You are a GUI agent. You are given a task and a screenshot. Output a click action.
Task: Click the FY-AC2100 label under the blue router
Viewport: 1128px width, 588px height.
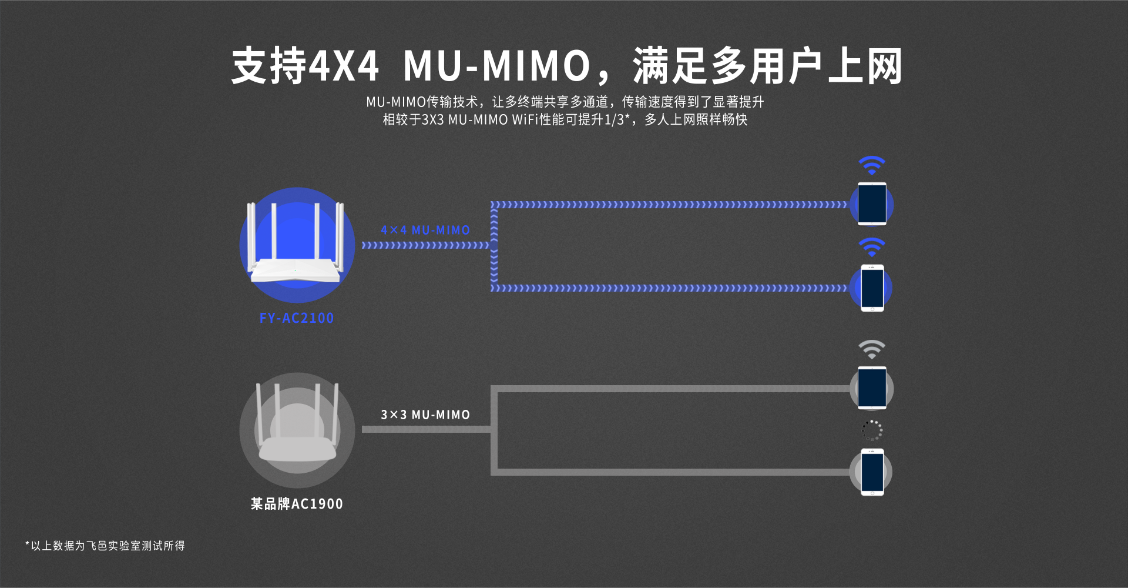pos(297,318)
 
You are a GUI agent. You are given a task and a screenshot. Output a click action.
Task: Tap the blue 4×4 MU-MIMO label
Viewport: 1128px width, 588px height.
pos(425,230)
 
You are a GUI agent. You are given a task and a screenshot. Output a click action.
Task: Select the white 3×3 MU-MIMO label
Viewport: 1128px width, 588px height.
pos(425,415)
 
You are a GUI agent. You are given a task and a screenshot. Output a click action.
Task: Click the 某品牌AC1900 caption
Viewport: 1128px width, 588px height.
pos(297,504)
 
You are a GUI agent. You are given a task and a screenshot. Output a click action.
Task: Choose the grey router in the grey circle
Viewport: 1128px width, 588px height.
pos(297,429)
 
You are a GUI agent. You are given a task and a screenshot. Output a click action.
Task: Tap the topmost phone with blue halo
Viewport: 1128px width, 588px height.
pos(872,204)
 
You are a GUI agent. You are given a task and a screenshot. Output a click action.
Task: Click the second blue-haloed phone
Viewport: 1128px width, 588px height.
pos(872,288)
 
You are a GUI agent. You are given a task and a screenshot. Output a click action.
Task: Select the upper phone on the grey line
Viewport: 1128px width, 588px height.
pos(872,388)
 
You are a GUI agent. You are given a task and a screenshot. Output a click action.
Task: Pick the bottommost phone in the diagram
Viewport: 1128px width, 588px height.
pos(872,472)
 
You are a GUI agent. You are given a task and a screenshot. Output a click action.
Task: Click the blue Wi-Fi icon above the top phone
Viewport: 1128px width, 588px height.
pos(872,165)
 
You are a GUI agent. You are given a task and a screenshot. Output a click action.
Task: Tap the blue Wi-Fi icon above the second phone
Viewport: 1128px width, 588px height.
pos(872,247)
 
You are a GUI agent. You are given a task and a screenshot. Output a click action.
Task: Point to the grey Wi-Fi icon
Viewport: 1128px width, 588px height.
pos(872,349)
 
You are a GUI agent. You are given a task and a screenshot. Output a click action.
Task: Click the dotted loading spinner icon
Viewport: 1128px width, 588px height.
pos(872,430)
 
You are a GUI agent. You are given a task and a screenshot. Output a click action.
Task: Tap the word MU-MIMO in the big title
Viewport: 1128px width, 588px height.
pos(497,66)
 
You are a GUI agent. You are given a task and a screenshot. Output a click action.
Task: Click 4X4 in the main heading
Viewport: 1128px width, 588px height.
pos(344,66)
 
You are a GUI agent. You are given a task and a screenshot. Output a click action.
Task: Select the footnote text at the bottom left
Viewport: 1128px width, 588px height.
pos(106,546)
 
